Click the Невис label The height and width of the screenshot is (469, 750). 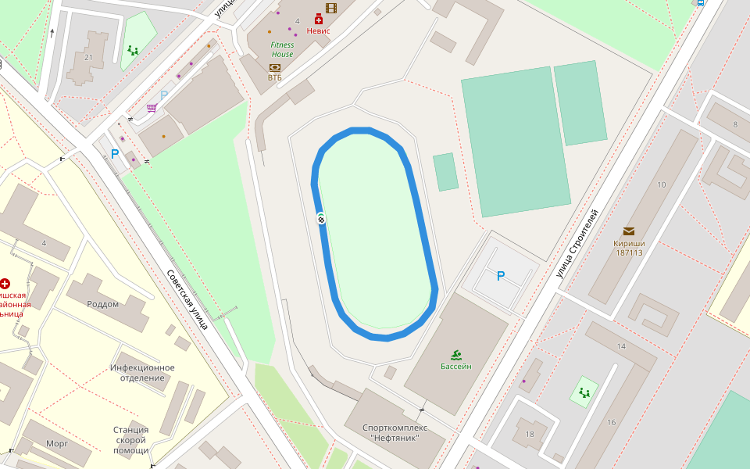coord(319,31)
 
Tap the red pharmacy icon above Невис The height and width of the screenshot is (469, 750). coord(319,19)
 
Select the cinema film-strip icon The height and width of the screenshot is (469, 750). coord(331,8)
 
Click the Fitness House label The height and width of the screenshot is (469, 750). coord(282,49)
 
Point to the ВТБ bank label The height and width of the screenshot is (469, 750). coord(275,77)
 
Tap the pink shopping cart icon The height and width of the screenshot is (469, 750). coord(152,108)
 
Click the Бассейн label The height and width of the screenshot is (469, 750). coord(456,366)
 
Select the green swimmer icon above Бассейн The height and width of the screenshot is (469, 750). coord(456,354)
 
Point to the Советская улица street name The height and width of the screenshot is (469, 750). coord(187,299)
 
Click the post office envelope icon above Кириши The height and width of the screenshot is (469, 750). coord(629,231)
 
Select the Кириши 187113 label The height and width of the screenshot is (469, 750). coord(629,247)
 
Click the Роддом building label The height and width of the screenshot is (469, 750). coord(103,304)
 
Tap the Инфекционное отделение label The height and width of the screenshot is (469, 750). coord(142,372)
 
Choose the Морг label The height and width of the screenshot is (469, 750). coord(57,443)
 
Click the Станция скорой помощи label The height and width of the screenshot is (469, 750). coord(131,439)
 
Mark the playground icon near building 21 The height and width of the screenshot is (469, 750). coord(133,51)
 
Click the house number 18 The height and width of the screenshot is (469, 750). coord(530,435)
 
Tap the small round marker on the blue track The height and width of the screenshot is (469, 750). coord(321,219)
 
